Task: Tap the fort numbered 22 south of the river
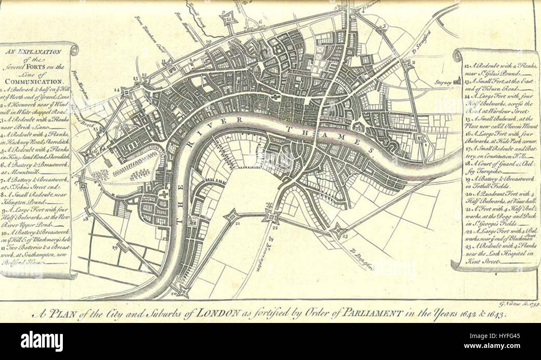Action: point(271,216)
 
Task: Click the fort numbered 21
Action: point(232,216)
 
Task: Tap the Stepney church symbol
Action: point(457,80)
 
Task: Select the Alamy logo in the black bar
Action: point(42,341)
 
